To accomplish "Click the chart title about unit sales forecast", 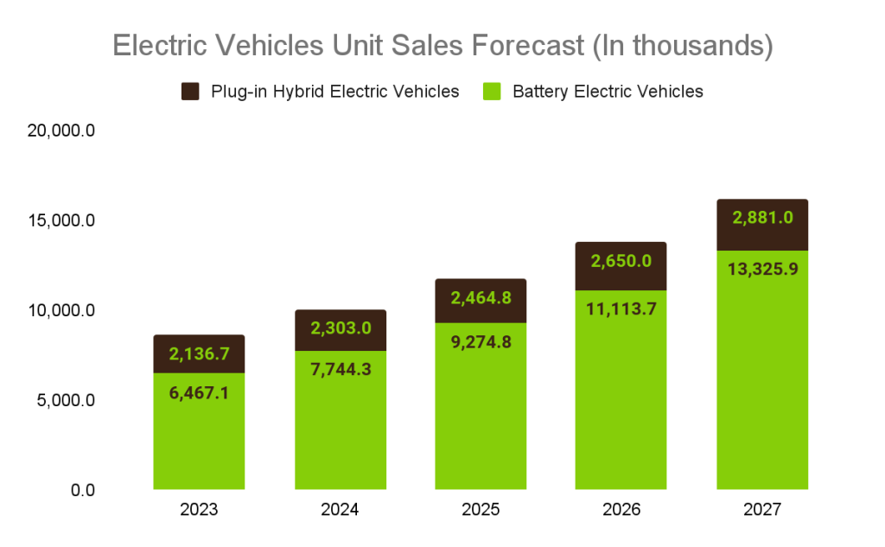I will (442, 45).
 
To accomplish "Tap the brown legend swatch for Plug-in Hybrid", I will (190, 92).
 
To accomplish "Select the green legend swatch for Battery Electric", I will (492, 92).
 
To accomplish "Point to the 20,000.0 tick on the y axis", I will (61, 131).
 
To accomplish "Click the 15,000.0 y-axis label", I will (61, 221).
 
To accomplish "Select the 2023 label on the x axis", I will (199, 510).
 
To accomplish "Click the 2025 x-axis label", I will (481, 510).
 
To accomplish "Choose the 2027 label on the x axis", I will (762, 510).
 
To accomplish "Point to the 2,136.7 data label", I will (199, 353).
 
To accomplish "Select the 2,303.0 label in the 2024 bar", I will (340, 328).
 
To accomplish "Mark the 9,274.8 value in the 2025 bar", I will (481, 342).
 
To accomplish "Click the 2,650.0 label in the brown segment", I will (621, 260).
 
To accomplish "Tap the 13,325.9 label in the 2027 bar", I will (762, 269).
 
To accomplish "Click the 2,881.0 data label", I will (762, 218).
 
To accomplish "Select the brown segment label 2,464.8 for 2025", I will (481, 298).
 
